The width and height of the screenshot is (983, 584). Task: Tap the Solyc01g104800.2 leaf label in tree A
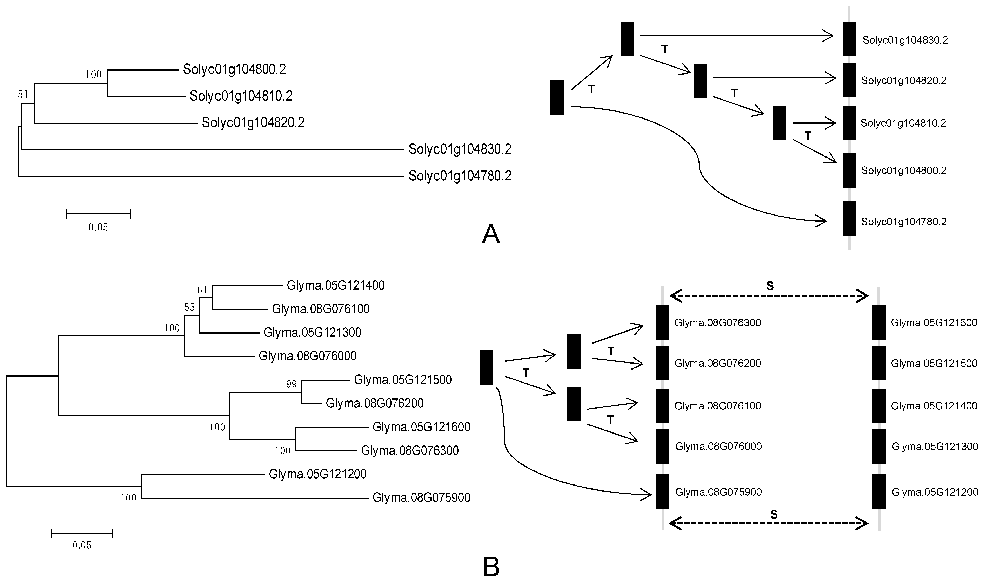point(234,70)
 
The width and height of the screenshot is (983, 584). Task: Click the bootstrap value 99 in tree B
point(291,384)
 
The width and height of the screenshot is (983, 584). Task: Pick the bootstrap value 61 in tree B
point(202,290)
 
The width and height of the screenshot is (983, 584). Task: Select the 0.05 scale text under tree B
point(82,545)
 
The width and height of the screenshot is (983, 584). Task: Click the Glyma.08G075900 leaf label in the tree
point(421,498)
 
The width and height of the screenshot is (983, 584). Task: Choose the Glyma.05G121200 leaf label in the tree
point(317,474)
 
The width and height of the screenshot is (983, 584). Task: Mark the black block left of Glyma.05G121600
point(879,322)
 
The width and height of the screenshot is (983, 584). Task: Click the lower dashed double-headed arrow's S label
point(774,514)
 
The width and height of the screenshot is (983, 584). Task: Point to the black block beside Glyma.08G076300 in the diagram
point(662,322)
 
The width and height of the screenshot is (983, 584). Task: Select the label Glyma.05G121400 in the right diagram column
point(934,406)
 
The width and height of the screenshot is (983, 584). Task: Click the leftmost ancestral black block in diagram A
point(557,98)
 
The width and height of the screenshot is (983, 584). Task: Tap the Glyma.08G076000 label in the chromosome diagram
point(718,446)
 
